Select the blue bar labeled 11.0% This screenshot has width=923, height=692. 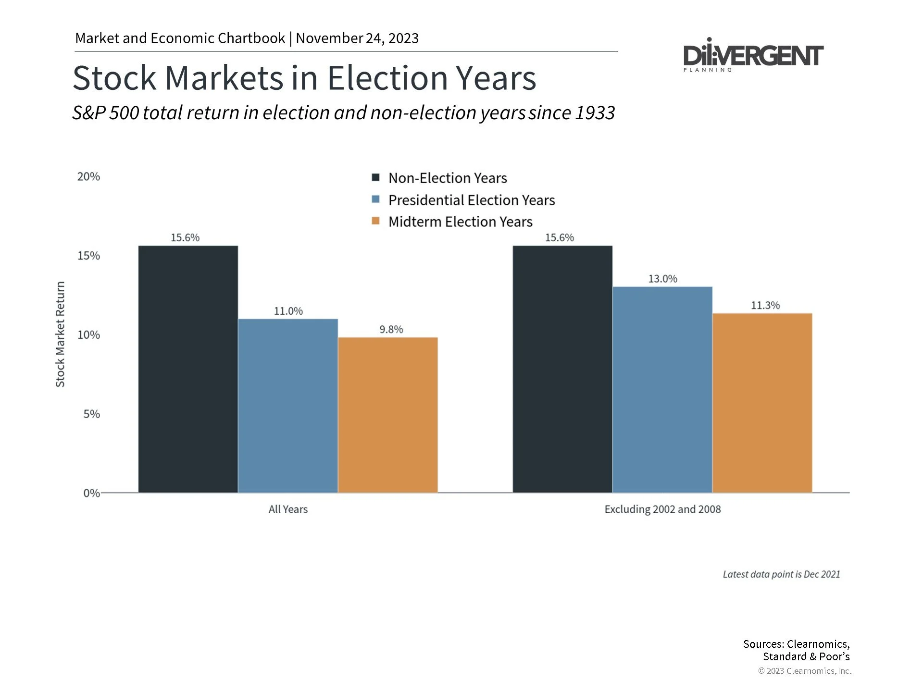(x=288, y=406)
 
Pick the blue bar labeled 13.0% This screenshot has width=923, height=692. (x=662, y=390)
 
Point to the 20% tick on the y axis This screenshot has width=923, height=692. (x=88, y=177)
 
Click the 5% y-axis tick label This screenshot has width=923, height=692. (x=91, y=414)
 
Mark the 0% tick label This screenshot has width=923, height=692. (x=91, y=494)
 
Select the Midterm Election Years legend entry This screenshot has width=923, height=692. (x=460, y=222)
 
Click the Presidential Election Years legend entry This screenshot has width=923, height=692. (x=471, y=200)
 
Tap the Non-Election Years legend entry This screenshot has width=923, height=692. (x=447, y=178)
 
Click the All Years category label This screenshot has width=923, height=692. (x=288, y=509)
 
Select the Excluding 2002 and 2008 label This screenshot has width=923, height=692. (x=662, y=509)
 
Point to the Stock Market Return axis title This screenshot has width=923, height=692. (x=60, y=334)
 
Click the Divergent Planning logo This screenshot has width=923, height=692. (x=753, y=56)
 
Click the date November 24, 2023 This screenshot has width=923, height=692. (x=357, y=38)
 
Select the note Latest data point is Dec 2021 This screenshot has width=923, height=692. (x=781, y=574)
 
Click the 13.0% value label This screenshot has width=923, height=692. (x=662, y=279)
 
